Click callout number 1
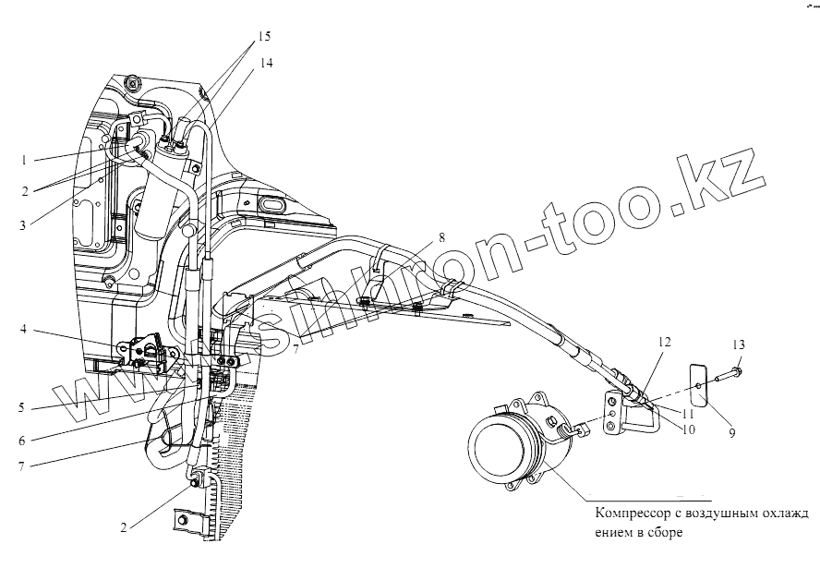coord(22,160)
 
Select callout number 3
coord(21,224)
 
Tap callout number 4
coord(21,328)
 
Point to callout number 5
coord(21,406)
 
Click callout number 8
coord(441,237)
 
